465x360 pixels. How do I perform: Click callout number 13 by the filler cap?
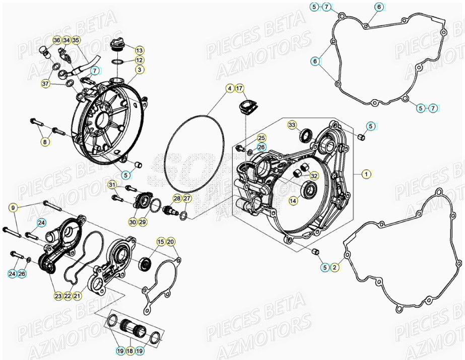(140, 50)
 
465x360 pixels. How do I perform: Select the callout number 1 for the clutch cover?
(367, 174)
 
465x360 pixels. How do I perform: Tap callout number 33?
(293, 124)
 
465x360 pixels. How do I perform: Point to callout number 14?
(293, 200)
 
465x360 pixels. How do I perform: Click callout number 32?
(314, 176)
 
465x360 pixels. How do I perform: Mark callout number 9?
(13, 207)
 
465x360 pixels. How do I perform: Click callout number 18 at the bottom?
(130, 350)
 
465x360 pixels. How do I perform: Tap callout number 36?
(56, 40)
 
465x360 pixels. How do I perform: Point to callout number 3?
(140, 69)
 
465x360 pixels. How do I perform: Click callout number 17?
(239, 89)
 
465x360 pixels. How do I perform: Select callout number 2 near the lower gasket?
(335, 267)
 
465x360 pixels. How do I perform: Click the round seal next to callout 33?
(305, 135)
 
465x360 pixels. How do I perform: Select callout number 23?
(58, 297)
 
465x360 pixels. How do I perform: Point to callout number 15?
(160, 243)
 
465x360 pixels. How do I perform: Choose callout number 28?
(177, 198)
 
